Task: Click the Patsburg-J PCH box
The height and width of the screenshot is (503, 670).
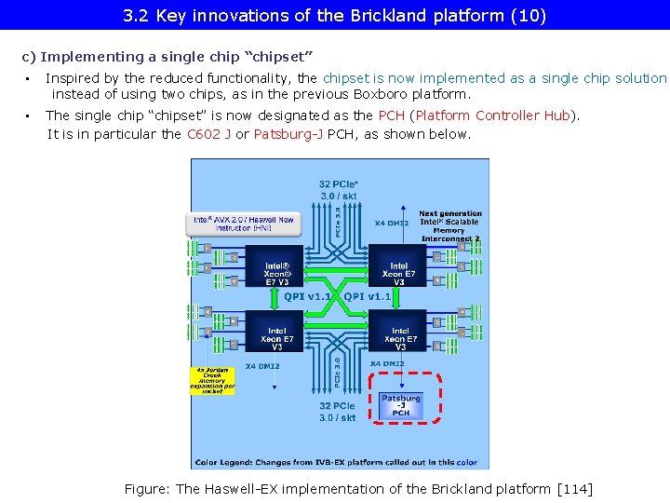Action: pos(400,405)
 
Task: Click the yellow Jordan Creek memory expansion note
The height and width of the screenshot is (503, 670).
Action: pos(213,380)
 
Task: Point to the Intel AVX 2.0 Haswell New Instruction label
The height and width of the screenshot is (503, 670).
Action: pos(242,224)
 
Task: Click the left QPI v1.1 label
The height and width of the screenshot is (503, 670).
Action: pos(307,296)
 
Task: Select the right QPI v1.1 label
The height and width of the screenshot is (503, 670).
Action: pos(368,296)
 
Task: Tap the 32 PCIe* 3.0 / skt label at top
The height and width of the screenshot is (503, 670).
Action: pos(338,190)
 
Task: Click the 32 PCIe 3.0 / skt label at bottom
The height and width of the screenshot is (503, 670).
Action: pos(338,412)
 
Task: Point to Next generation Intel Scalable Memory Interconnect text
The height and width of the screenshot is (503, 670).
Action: pos(450,226)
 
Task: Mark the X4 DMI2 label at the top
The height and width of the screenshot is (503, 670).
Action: pos(392,223)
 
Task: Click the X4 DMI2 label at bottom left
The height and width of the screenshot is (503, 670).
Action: pos(261,366)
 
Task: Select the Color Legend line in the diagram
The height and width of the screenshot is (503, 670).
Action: pos(336,462)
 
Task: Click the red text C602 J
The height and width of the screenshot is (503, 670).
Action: pos(209,134)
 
